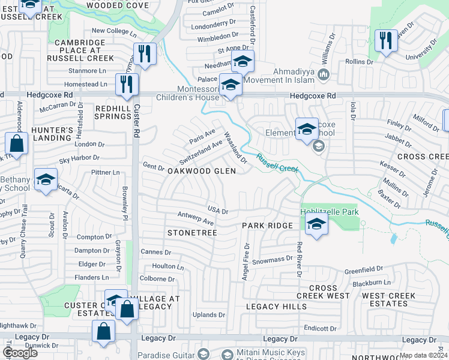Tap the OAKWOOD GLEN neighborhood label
pos(201,171)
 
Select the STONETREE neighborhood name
pos(191,232)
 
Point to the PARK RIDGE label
pos(267,226)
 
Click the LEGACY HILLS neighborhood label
pos(276,307)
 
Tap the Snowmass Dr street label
pos(272,260)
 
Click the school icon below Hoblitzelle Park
pos(316,225)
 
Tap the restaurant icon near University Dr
pos(385,41)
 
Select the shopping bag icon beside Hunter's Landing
pos(16,144)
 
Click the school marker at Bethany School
pos(46,180)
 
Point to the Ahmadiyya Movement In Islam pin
pos(324,75)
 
